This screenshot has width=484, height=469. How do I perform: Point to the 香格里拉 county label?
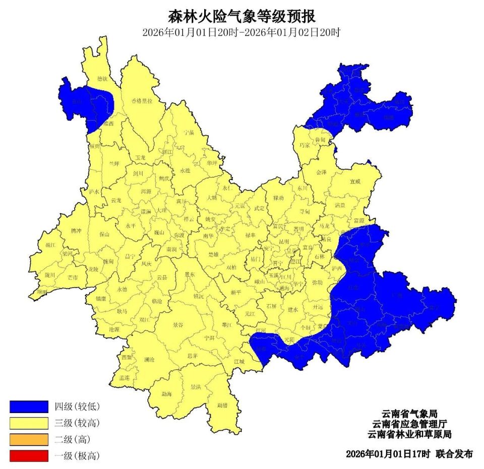(x=142, y=101)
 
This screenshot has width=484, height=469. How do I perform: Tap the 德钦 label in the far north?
(x=102, y=79)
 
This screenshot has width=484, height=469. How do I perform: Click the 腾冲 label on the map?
(x=76, y=231)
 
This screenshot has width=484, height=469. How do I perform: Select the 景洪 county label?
(x=196, y=387)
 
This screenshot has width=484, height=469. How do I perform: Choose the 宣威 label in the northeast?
(x=356, y=181)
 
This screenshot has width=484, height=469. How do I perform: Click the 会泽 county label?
(x=321, y=172)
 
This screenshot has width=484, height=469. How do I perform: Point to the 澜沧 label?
(x=149, y=360)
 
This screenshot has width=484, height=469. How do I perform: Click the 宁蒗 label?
(x=189, y=132)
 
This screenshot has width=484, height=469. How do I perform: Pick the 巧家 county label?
(x=305, y=145)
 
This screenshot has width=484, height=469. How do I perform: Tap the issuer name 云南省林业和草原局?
(x=408, y=434)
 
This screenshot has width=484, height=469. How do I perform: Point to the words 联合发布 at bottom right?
(x=454, y=454)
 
